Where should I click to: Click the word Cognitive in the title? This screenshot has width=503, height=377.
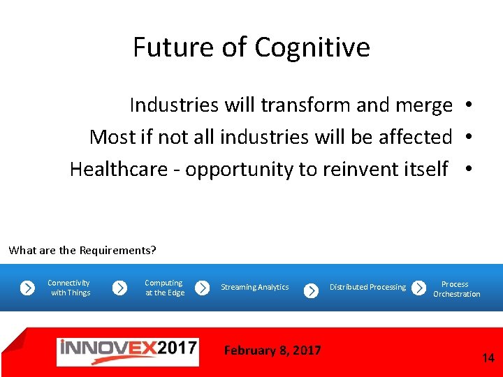pyautogui.click(x=312, y=48)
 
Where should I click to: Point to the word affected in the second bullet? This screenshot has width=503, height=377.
pyautogui.click(x=415, y=138)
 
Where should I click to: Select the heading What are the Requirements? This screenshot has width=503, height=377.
pyautogui.click(x=82, y=250)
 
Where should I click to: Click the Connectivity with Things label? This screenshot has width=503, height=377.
pyautogui.click(x=69, y=288)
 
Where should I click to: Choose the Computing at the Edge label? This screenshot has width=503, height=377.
pyautogui.click(x=164, y=288)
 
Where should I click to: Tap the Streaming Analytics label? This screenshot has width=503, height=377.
pyautogui.click(x=254, y=288)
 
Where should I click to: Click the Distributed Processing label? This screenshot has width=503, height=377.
pyautogui.click(x=367, y=288)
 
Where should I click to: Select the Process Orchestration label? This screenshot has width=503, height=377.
pyautogui.click(x=456, y=289)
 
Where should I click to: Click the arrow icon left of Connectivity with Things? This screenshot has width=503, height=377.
pyautogui.click(x=27, y=288)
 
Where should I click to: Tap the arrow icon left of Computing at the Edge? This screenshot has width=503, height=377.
pyautogui.click(x=120, y=288)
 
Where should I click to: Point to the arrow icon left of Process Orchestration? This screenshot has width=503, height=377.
pyautogui.click(x=418, y=288)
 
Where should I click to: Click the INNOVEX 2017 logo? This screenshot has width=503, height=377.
pyautogui.click(x=127, y=351)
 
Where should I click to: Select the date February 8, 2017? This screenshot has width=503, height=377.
pyautogui.click(x=272, y=350)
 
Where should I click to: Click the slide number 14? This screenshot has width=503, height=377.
pyautogui.click(x=488, y=358)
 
